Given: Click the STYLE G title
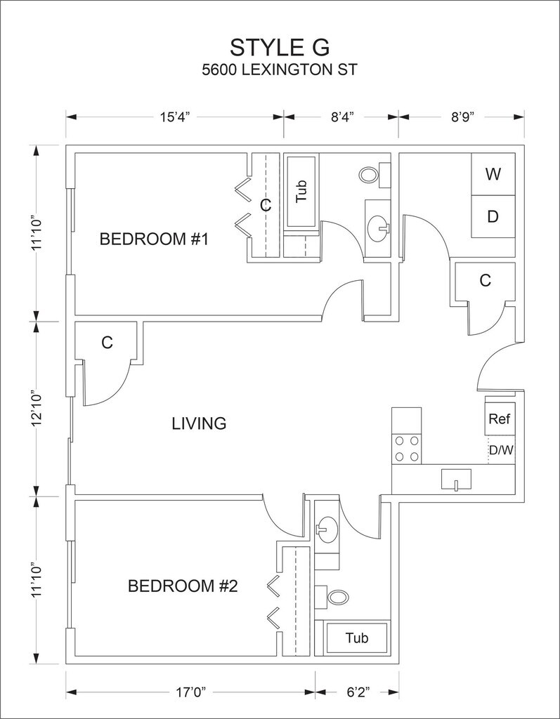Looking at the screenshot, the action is pyautogui.click(x=280, y=47).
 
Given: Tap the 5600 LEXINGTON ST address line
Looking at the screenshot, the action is pyautogui.click(x=280, y=70).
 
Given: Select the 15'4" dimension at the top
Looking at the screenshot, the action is pyautogui.click(x=175, y=117).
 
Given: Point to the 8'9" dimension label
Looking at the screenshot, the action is pyautogui.click(x=462, y=117).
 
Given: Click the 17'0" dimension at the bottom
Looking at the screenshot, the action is pyautogui.click(x=190, y=692).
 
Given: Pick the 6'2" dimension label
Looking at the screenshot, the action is pyautogui.click(x=358, y=692).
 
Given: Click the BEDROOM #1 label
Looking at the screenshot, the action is pyautogui.click(x=155, y=239).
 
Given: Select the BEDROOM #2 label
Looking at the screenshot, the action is pyautogui.click(x=183, y=586).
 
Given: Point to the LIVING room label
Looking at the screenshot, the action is pyautogui.click(x=200, y=423).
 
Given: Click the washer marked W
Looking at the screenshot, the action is pyautogui.click(x=493, y=174).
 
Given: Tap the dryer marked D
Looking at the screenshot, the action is pyautogui.click(x=493, y=216).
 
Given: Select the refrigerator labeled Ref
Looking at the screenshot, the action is pyautogui.click(x=500, y=418).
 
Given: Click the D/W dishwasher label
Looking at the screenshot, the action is pyautogui.click(x=501, y=450).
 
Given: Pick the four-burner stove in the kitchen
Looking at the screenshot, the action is pyautogui.click(x=407, y=449).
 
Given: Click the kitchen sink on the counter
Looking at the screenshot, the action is pyautogui.click(x=456, y=480).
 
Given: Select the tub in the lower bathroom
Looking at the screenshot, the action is pyautogui.click(x=357, y=638).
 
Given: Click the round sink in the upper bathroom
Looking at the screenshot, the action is pyautogui.click(x=378, y=226).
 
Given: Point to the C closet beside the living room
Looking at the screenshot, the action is pyautogui.click(x=107, y=343).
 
